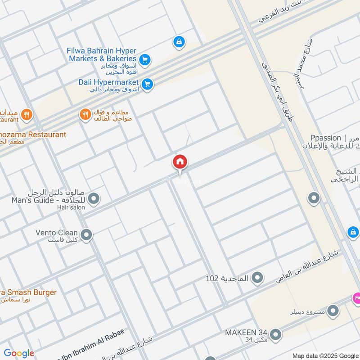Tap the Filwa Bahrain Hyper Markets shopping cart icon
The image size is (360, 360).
point(144,59)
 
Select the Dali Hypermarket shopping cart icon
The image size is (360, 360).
point(147,84)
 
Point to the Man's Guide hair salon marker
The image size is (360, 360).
point(94,198)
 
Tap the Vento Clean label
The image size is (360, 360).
point(57,233)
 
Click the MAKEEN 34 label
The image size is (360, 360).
point(246,332)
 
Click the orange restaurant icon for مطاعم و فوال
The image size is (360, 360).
point(85,115)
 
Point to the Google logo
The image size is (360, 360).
point(19,353)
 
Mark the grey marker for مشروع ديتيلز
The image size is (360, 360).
point(333,310)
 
